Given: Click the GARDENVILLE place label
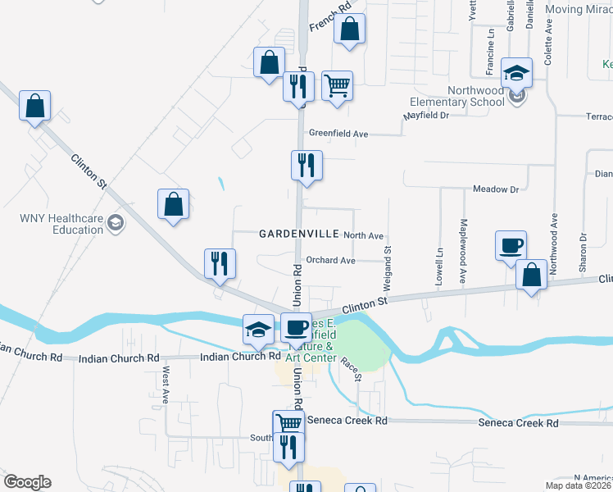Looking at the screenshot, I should click(x=299, y=235).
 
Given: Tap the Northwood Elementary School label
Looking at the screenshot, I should click(x=457, y=96).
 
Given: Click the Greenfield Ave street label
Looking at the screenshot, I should click(x=338, y=133).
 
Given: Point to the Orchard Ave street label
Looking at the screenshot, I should click(x=330, y=261).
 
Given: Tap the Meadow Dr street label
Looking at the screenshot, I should click(x=497, y=189).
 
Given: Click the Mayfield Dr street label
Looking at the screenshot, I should click(x=426, y=116).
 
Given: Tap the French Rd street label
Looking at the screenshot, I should click(x=329, y=16).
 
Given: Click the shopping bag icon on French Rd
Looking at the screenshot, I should click(x=349, y=29).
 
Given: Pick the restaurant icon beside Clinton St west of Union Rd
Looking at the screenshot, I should click(x=220, y=262).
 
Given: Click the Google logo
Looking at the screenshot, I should click(x=27, y=482).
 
